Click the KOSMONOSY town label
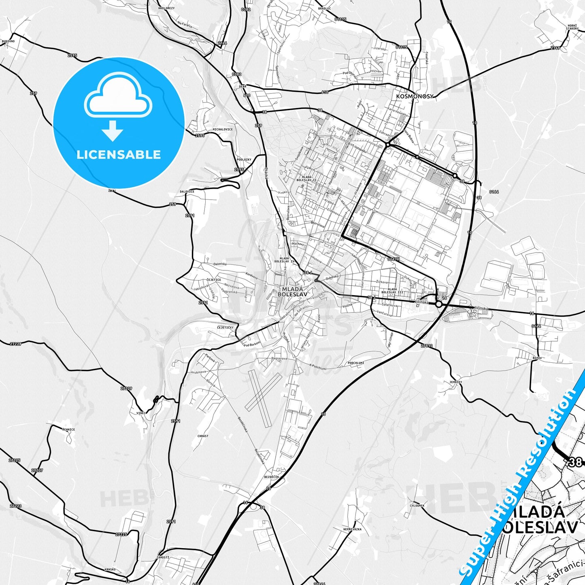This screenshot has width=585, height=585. click(415, 96)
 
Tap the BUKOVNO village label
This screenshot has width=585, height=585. click(8, 41)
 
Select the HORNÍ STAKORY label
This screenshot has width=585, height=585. click(572, 27)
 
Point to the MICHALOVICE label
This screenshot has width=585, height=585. click(223, 130)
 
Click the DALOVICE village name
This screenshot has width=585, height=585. click(187, 191)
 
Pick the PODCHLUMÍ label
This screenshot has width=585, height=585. click(356, 363)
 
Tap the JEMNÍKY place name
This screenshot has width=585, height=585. click(455, 382)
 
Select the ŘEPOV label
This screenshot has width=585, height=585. click(537, 358)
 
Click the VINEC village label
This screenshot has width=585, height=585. click(141, 413)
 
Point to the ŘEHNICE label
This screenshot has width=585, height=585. click(68, 430)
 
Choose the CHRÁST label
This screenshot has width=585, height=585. click(203, 436)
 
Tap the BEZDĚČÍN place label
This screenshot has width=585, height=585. click(271, 477)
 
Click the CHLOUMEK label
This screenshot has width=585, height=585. click(417, 505)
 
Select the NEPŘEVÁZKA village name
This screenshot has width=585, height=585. click(352, 529)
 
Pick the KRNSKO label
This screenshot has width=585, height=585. click(110, 569)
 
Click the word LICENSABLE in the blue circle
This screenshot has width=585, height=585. click(119, 154)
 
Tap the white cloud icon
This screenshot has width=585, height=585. click(118, 97)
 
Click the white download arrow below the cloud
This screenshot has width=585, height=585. click(113, 130)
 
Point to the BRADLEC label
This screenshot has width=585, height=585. click(324, 8)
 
